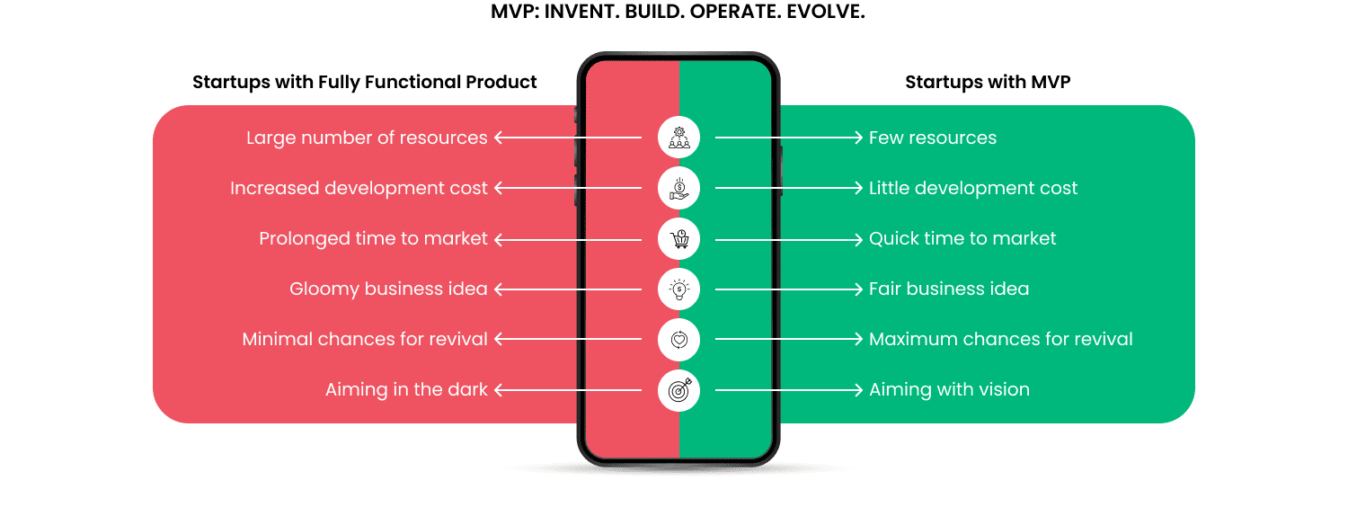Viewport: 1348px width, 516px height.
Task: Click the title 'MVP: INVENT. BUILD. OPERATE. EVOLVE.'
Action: point(678,13)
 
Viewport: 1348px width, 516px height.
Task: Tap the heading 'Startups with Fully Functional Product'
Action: point(364,83)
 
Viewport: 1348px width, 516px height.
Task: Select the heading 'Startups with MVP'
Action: point(987,83)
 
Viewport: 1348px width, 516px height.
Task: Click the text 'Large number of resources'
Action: point(367,138)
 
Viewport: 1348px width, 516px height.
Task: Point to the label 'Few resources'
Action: point(932,138)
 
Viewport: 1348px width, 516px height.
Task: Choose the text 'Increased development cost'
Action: point(359,189)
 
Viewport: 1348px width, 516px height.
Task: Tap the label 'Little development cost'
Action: point(972,189)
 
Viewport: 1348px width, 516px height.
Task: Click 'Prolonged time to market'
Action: point(373,239)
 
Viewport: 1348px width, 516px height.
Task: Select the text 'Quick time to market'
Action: point(962,239)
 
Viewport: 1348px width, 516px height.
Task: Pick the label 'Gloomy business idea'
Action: point(388,289)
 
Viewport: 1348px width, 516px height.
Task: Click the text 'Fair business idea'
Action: point(948,289)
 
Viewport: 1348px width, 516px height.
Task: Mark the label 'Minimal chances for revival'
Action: point(365,340)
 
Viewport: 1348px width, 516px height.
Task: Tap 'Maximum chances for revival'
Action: point(1000,340)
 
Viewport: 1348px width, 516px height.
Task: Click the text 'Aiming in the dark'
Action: point(406,390)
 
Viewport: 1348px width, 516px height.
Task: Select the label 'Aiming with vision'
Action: point(948,390)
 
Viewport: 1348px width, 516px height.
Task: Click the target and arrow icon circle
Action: point(678,390)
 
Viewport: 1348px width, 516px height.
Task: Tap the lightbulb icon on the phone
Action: point(678,289)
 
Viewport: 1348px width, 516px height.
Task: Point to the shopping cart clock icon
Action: point(678,239)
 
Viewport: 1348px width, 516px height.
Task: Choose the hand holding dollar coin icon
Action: point(678,189)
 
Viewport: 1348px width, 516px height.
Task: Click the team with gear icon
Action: point(678,138)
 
